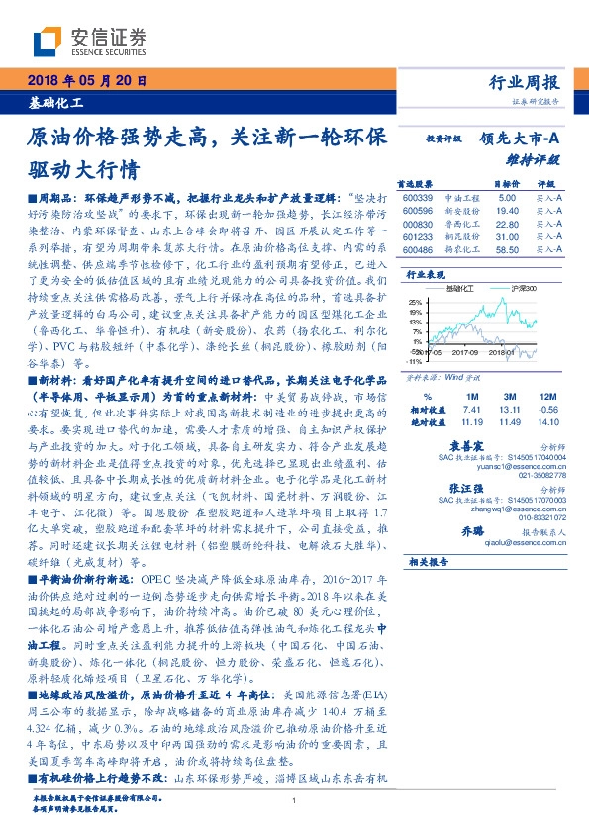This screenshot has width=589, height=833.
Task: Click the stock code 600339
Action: click(419, 198)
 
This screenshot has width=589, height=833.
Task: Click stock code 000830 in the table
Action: click(419, 225)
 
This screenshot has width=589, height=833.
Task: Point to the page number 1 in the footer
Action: click(295, 802)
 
